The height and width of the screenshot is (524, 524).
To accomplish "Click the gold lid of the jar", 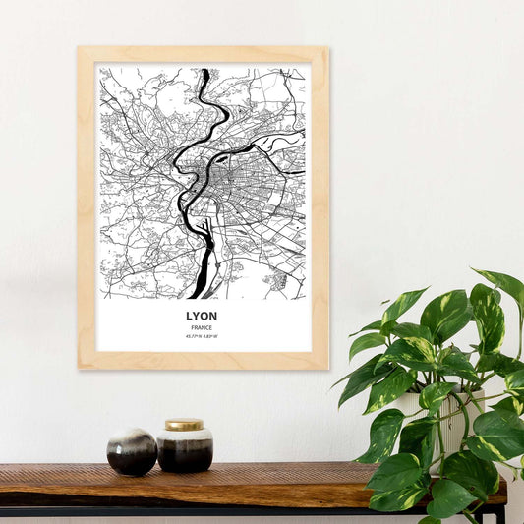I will pos(184,425).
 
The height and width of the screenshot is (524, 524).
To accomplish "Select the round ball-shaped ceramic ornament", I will pos(132,452).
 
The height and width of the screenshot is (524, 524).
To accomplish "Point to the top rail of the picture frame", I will pos(203,55).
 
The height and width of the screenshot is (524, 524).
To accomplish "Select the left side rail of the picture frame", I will pos(87,207).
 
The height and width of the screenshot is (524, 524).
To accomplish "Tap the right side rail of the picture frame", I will pos(320,207).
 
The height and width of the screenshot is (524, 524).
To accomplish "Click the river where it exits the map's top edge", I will pos(204,72).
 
